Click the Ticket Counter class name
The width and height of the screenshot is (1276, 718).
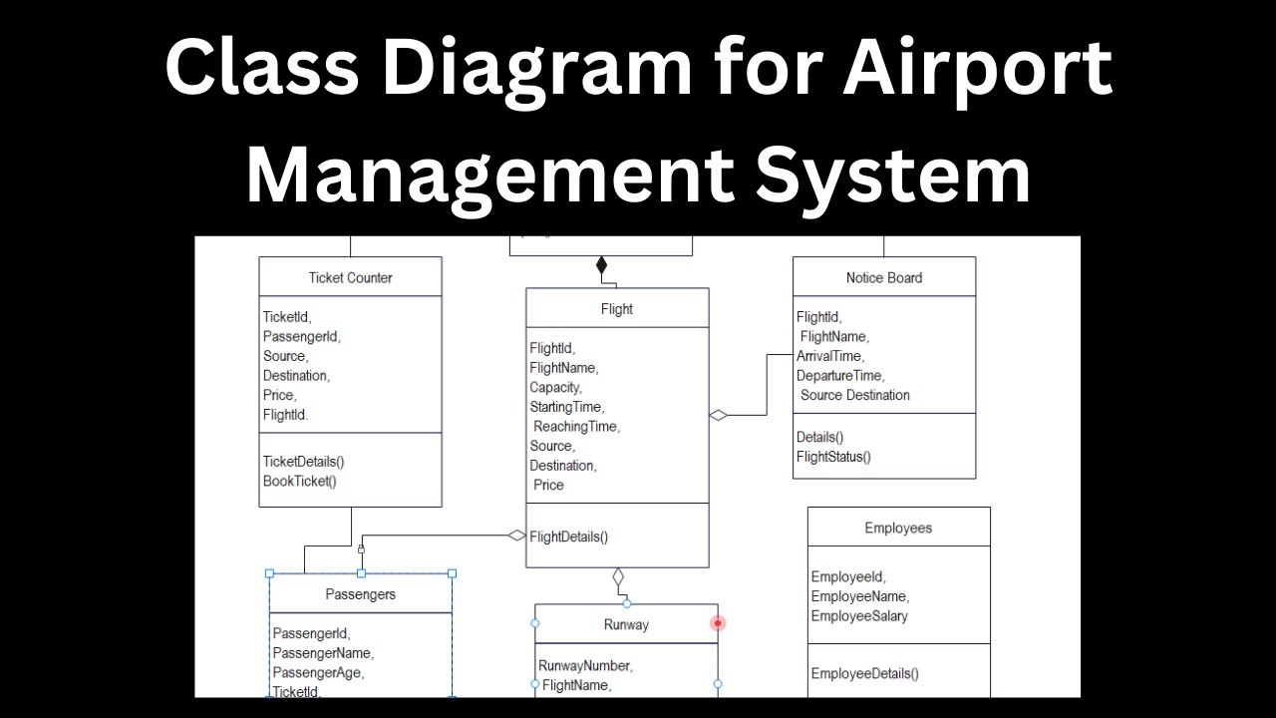[x=350, y=277]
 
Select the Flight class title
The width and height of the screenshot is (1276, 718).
[x=617, y=309]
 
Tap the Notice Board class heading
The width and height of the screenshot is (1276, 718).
[x=884, y=277]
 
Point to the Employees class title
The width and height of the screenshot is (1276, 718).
[x=898, y=528]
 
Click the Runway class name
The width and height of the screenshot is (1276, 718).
[x=626, y=625]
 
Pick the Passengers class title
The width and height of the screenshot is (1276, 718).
[x=360, y=594]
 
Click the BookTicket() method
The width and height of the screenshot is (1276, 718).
[x=300, y=481]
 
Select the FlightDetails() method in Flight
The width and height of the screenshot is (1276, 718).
[x=569, y=537]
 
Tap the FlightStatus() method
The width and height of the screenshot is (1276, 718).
[x=833, y=457]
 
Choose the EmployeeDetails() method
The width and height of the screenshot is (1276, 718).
[x=865, y=673]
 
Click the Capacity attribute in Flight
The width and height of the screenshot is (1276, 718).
[x=555, y=387]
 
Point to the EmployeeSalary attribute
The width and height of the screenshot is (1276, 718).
[x=859, y=616]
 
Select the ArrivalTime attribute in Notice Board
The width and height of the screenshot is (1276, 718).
[x=830, y=356]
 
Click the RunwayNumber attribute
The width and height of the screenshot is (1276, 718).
[x=585, y=665]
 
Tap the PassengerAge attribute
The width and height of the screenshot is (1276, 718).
[x=318, y=672]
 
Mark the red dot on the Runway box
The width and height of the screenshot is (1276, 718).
[x=718, y=623]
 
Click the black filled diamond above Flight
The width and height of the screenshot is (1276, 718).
[x=601, y=265]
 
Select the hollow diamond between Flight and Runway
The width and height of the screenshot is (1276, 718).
[x=618, y=577]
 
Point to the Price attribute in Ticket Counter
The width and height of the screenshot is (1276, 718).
[x=280, y=395]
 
